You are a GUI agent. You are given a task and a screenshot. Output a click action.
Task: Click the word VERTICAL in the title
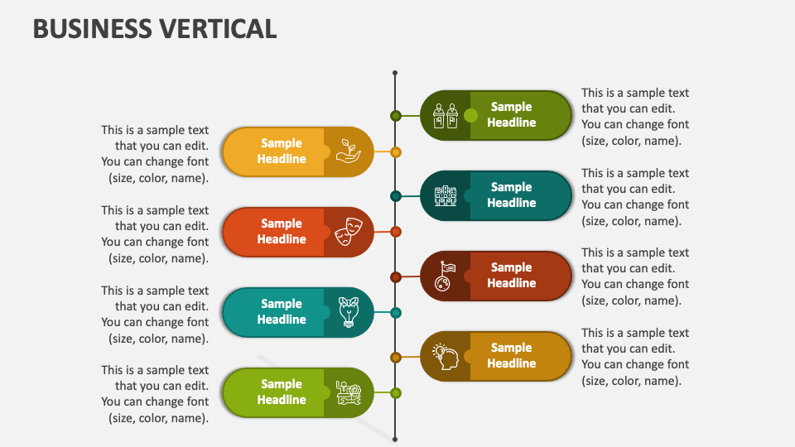[x=214, y=28]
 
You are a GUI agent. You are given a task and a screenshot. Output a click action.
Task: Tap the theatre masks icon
[x=348, y=232]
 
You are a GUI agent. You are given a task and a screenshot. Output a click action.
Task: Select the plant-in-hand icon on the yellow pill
[x=348, y=151]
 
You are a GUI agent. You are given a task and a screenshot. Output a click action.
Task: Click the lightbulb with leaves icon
[x=348, y=312]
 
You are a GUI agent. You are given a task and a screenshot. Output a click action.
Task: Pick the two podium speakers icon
[x=446, y=116]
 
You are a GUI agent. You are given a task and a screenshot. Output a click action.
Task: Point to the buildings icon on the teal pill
[x=446, y=196]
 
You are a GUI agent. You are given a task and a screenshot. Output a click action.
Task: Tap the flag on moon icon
[x=446, y=276]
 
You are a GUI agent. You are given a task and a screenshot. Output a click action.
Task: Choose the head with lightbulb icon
[x=446, y=357]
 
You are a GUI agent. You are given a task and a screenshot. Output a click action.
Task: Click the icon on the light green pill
[x=348, y=392]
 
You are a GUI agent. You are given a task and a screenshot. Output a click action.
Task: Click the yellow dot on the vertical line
[x=396, y=152]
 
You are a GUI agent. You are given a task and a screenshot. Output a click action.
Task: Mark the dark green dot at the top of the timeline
[x=396, y=116]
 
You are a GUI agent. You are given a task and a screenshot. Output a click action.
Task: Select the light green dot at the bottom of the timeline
[x=396, y=392]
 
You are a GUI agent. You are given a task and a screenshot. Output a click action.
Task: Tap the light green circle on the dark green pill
[x=471, y=115]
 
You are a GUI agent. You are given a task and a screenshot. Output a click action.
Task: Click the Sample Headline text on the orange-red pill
[x=282, y=232]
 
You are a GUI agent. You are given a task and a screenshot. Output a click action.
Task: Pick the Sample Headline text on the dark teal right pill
[x=511, y=195]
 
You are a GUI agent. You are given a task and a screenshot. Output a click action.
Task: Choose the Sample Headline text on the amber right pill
[x=511, y=356]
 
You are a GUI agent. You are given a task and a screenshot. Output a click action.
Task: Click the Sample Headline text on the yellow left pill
[x=282, y=151]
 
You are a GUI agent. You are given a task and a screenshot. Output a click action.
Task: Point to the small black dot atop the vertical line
[x=395, y=73]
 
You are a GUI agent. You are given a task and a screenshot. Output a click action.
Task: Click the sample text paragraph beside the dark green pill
[x=635, y=117]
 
